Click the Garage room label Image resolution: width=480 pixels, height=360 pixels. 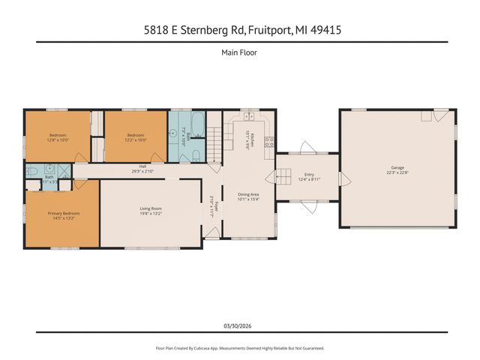397,169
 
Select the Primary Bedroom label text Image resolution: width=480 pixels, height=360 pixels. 64,213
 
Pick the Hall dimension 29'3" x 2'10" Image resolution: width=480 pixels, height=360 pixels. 142,172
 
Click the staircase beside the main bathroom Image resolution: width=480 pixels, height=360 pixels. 214,143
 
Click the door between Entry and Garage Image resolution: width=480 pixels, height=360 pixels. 343,178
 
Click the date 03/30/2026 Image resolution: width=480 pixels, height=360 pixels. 240,325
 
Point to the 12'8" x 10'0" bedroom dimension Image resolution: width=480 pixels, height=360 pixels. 58,139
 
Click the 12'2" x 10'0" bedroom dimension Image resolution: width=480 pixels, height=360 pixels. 136,139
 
